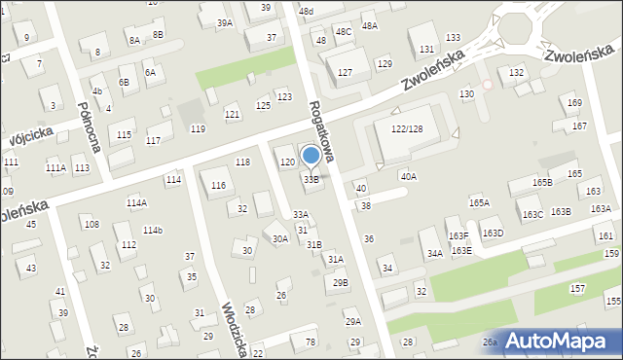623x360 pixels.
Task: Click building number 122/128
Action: click(x=407, y=128)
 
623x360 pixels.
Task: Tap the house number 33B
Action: click(x=311, y=180)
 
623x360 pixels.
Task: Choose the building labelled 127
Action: click(x=345, y=73)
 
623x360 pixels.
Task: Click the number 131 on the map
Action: click(x=426, y=49)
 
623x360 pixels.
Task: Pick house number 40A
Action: click(x=409, y=177)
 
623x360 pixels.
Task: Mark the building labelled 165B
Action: click(x=542, y=183)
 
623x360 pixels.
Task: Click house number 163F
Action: click(x=458, y=236)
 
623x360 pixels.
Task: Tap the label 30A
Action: click(x=279, y=238)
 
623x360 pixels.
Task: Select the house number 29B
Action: click(x=340, y=283)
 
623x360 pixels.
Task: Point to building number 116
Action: click(x=218, y=185)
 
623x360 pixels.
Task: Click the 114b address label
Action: click(x=153, y=231)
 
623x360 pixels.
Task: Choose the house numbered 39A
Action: click(x=225, y=22)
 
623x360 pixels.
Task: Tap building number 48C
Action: click(x=344, y=31)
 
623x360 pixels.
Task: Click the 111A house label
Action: click(x=55, y=168)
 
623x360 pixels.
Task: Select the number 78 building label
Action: click(x=311, y=342)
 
